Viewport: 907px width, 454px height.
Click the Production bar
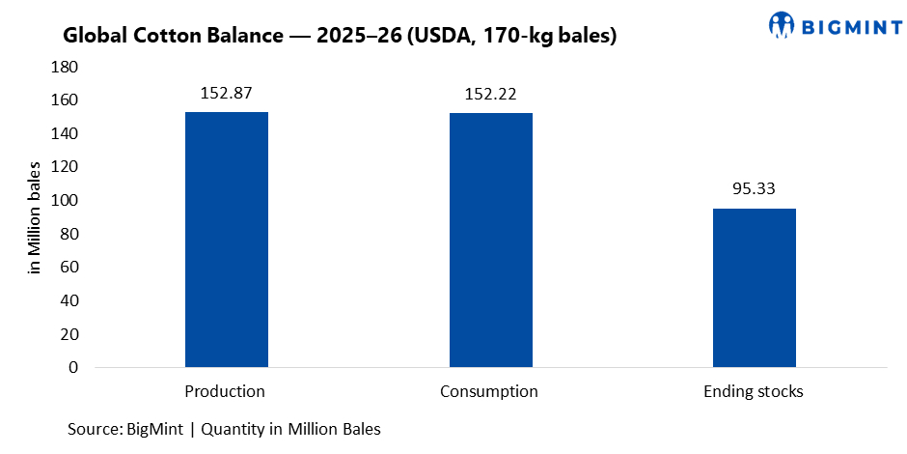coord(227,240)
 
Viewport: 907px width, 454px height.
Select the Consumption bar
coord(490,240)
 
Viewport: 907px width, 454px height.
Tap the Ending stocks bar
coord(755,288)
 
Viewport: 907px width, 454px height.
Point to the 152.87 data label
coord(227,94)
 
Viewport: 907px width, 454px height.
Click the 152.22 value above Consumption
coord(490,95)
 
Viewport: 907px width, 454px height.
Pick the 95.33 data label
coord(755,189)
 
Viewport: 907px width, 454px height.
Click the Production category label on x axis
coord(225,392)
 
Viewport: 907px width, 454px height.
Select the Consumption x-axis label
coord(489,392)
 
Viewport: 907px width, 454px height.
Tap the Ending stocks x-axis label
coord(754,392)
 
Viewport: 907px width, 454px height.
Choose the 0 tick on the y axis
coord(73,368)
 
